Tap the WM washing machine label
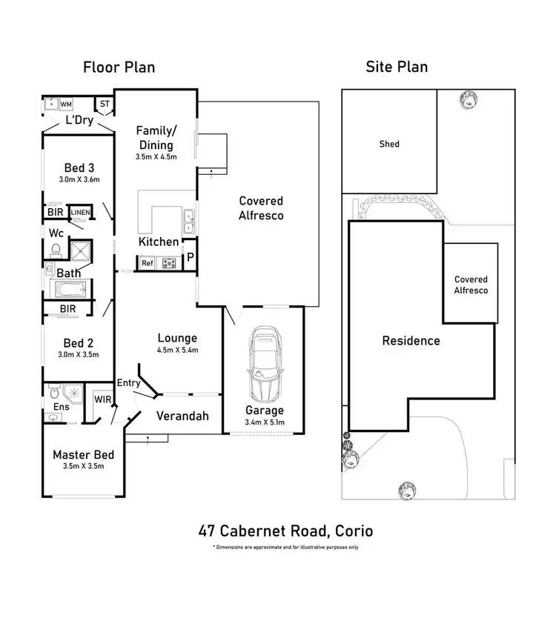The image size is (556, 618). tap(66, 104)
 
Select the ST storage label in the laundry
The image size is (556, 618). tap(104, 104)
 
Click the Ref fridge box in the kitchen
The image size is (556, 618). tap(147, 262)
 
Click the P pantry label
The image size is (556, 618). tap(190, 257)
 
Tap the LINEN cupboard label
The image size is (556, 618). tap(80, 213)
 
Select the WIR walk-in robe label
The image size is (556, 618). tap(102, 399)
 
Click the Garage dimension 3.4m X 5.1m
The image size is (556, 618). tap(264, 422)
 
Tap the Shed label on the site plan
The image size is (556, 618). tap(388, 144)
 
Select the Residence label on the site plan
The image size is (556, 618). tap(411, 341)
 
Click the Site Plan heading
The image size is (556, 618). tap(397, 67)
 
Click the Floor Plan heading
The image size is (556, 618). tap(119, 67)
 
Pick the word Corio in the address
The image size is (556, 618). tap(353, 531)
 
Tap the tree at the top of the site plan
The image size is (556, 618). tap(468, 99)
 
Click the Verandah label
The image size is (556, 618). tap(182, 416)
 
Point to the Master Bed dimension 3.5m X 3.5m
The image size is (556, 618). tap(82, 466)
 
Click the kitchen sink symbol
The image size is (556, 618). tap(189, 217)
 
